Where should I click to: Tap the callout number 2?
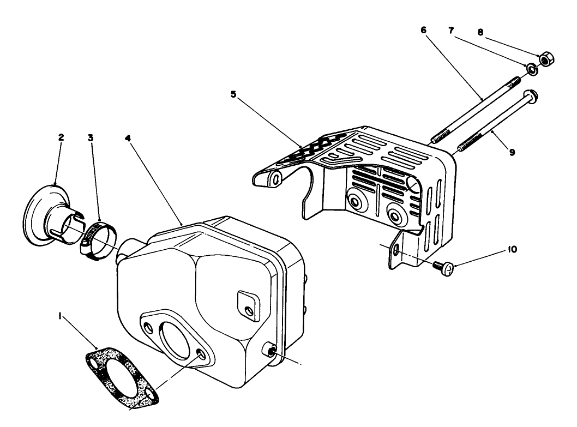[62, 137]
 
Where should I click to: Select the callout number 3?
[91, 137]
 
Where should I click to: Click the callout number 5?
[233, 94]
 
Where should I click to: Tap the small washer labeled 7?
[531, 69]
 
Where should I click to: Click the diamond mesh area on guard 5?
[311, 147]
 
